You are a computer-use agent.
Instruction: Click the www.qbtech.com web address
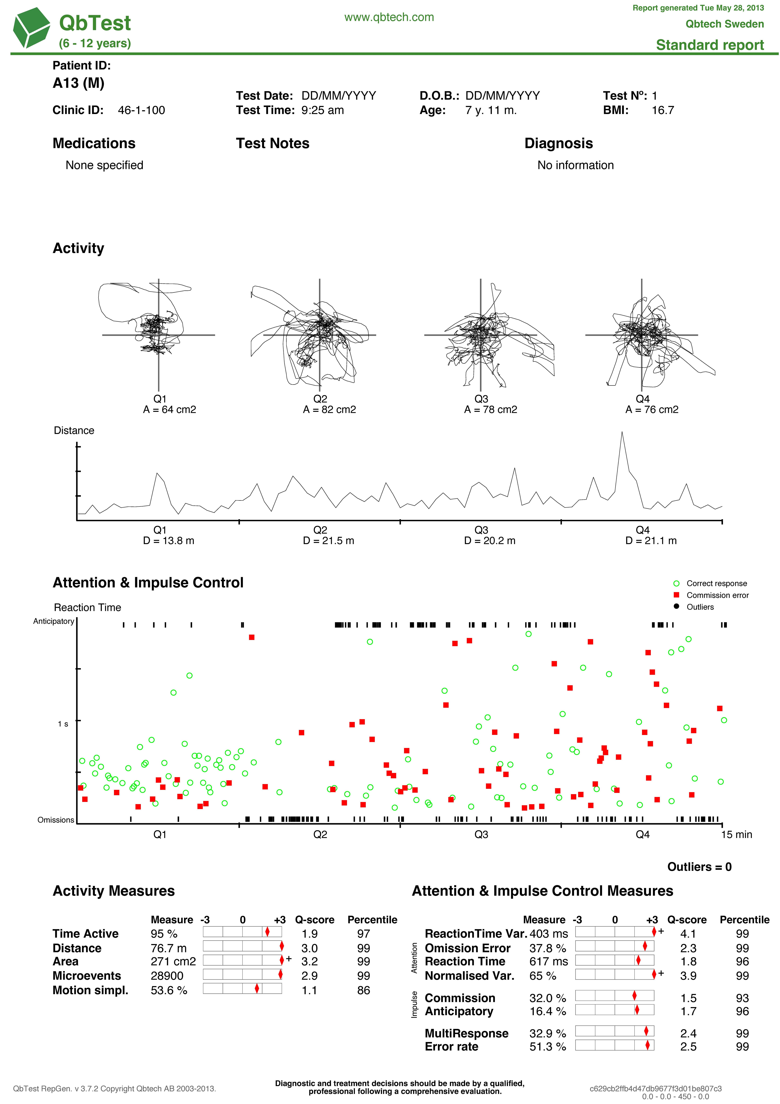[x=389, y=17]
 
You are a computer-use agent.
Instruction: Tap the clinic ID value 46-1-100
[x=141, y=110]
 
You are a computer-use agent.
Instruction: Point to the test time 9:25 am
[x=322, y=110]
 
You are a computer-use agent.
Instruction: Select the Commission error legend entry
[x=717, y=595]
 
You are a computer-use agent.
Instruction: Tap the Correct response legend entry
[x=716, y=583]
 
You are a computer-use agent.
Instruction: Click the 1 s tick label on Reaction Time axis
[x=63, y=724]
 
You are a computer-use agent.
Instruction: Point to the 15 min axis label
[x=736, y=835]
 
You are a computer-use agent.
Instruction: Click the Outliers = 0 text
[x=699, y=867]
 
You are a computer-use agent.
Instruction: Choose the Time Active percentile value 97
[x=363, y=934]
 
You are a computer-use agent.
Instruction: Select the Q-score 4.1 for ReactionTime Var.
[x=688, y=934]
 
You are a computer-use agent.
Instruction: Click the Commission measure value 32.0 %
[x=547, y=998]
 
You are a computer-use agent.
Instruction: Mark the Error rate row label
[x=451, y=1047]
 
